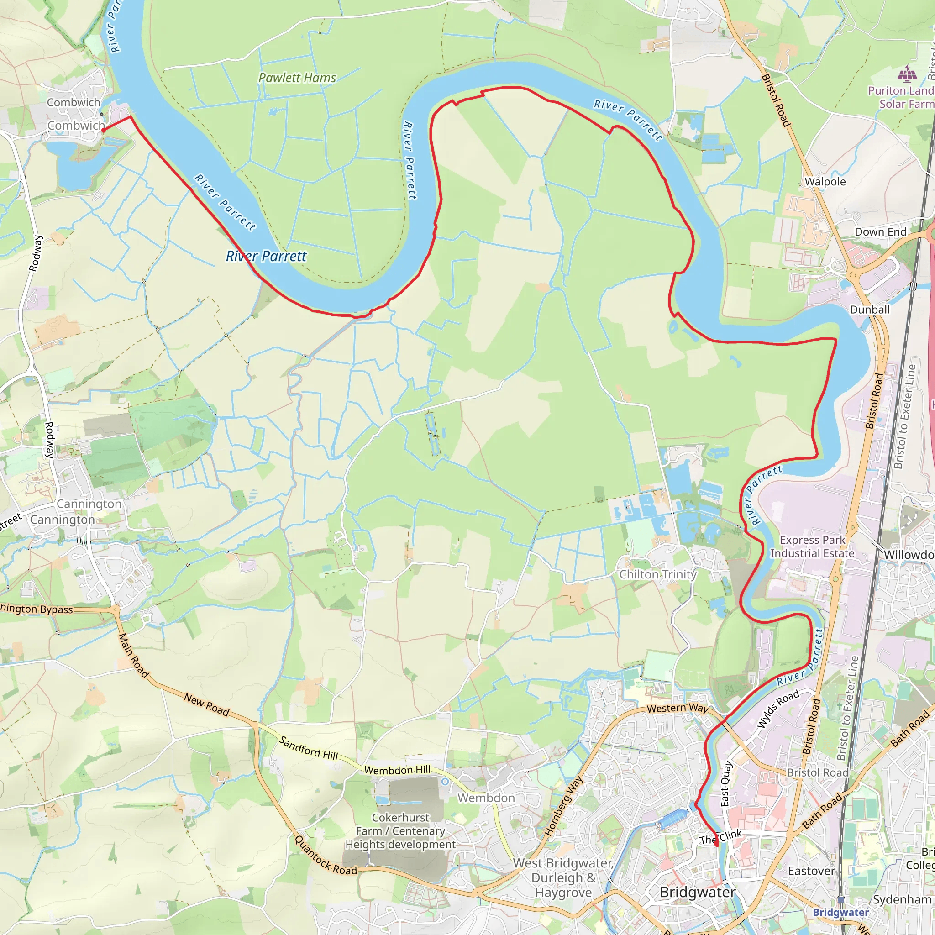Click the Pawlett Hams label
click(297, 78)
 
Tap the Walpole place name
click(825, 182)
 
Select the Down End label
click(880, 232)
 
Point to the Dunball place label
click(870, 309)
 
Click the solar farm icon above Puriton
click(907, 74)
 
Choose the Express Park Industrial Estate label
click(812, 546)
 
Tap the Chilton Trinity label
click(658, 574)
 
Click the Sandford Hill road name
click(309, 748)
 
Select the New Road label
click(207, 704)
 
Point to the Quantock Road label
click(326, 856)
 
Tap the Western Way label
click(678, 709)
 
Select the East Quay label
click(726, 784)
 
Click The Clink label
click(720, 837)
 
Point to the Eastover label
click(811, 871)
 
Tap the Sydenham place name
click(902, 899)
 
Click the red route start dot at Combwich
click(103, 130)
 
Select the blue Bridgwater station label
click(840, 912)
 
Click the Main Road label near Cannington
click(134, 655)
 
